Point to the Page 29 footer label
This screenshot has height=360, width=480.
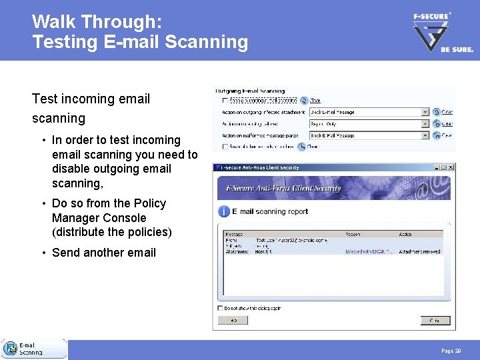(451, 351)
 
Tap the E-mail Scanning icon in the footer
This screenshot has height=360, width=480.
(11, 349)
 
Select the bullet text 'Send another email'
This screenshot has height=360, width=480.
(103, 253)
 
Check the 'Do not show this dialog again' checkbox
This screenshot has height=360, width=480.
(221, 309)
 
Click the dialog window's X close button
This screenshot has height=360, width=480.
(451, 167)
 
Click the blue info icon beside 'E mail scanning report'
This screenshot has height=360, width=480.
(224, 211)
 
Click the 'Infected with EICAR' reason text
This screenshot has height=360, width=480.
(367, 251)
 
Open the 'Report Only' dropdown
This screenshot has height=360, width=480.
(425, 124)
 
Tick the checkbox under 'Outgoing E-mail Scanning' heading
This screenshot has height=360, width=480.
(225, 101)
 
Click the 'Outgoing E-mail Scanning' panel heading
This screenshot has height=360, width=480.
(250, 91)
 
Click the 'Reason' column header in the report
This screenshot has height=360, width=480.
(353, 234)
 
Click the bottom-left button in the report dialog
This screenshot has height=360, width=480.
(233, 320)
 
